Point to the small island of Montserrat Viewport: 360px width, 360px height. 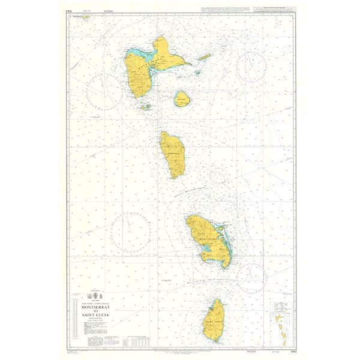click(86, 17)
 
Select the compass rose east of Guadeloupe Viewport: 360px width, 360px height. click(254, 67)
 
